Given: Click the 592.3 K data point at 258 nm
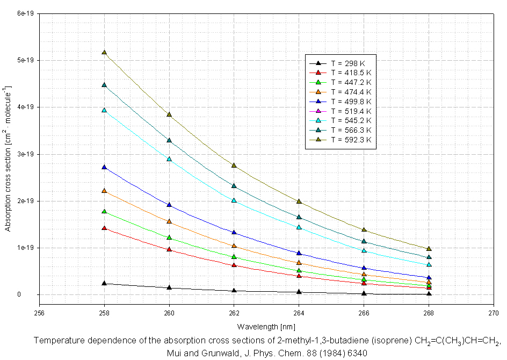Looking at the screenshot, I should point(104,53).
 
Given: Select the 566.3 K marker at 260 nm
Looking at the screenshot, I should point(169,141).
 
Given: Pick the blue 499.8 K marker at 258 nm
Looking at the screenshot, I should point(104,168).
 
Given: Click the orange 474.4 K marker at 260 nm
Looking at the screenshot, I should point(169,221).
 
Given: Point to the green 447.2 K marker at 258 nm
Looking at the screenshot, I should point(104,212).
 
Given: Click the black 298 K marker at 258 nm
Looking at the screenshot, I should point(104,284).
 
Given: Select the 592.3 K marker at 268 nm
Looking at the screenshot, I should point(429,249).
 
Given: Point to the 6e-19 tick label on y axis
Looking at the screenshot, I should point(26,13).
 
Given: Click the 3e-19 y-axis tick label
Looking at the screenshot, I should point(26,154).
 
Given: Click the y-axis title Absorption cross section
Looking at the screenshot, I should point(8,159).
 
